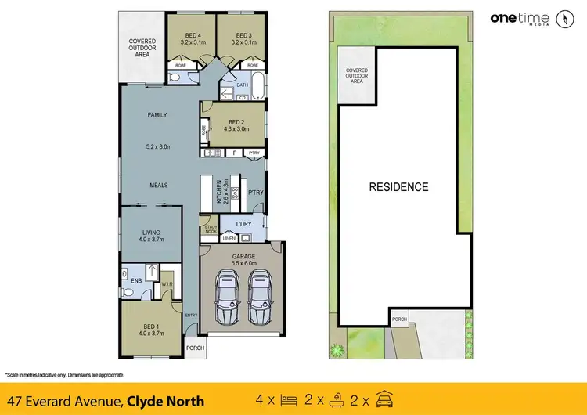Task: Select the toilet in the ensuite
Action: point(128,292)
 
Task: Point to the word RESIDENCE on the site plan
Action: point(399,187)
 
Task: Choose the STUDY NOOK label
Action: point(210,229)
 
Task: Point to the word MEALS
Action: point(159,185)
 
